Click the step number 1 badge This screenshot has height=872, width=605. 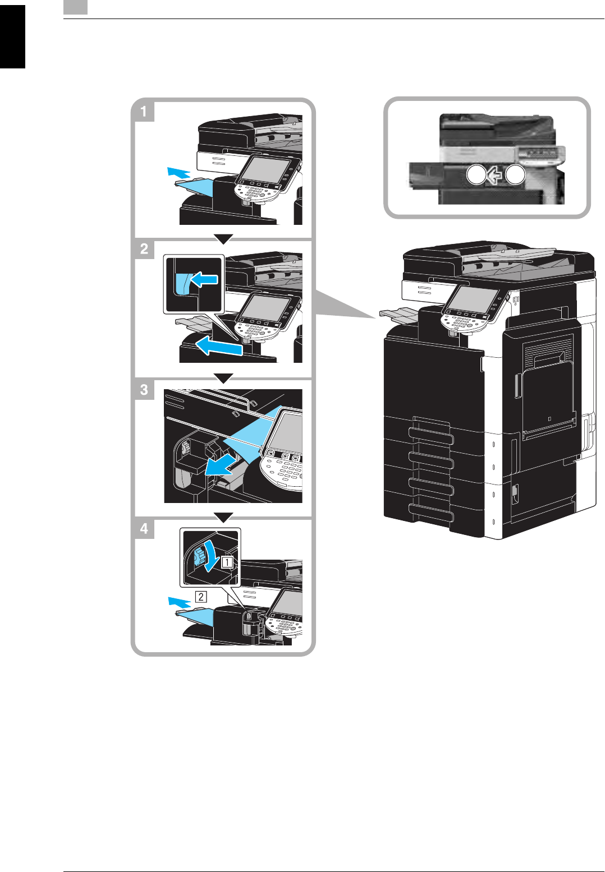click(x=144, y=111)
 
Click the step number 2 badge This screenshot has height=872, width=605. click(x=144, y=248)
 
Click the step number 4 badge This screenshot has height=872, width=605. click(x=144, y=528)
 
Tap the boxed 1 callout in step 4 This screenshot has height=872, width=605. click(x=227, y=561)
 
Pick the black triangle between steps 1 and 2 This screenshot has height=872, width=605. click(x=223, y=239)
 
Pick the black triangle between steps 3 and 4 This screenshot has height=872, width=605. click(x=223, y=518)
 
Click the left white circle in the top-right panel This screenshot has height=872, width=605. click(x=475, y=176)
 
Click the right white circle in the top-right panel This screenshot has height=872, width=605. click(x=515, y=176)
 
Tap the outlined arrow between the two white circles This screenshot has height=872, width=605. click(x=494, y=176)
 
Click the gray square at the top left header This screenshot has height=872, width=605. click(x=75, y=7)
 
